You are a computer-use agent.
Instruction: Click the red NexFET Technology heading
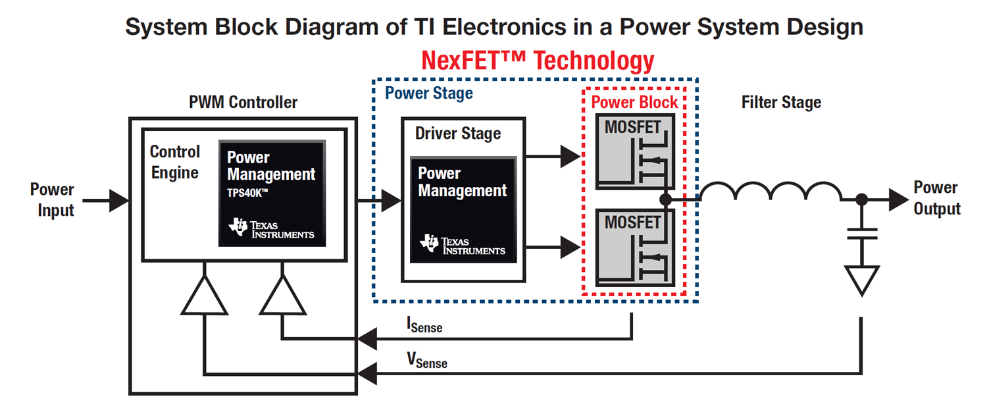click(538, 61)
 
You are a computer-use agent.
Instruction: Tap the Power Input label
click(52, 200)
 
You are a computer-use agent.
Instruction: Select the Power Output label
click(937, 198)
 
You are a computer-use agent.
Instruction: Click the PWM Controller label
click(243, 103)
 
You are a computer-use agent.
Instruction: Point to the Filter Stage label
click(781, 103)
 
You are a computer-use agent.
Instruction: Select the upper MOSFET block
click(635, 151)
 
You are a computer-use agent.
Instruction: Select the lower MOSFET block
click(635, 248)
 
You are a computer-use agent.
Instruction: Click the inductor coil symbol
click(770, 192)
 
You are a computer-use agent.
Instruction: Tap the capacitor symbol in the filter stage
click(861, 233)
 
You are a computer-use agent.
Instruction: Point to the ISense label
click(424, 325)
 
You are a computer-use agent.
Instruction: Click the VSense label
click(426, 360)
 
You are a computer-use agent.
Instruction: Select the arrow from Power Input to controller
click(105, 200)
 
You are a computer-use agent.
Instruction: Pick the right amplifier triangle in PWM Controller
click(283, 296)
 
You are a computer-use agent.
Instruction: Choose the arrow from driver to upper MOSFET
click(553, 157)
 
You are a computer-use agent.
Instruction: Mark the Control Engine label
click(174, 162)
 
